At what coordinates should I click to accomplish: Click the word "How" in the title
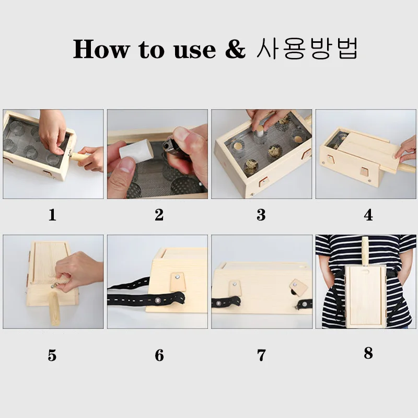pyautogui.click(x=100, y=49)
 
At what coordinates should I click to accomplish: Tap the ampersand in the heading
pyautogui.click(x=235, y=49)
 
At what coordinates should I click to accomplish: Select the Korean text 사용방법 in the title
pyautogui.click(x=307, y=49)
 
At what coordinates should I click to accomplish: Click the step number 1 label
pyautogui.click(x=53, y=215)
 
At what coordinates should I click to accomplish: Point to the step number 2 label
pyautogui.click(x=159, y=215)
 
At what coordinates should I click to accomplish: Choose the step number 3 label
pyautogui.click(x=261, y=215)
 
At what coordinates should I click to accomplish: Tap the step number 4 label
pyautogui.click(x=368, y=215)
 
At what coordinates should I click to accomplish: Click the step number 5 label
pyautogui.click(x=52, y=355)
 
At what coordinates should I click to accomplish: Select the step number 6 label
pyautogui.click(x=159, y=355)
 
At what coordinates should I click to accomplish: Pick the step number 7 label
pyautogui.click(x=262, y=355)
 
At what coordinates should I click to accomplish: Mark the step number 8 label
pyautogui.click(x=368, y=353)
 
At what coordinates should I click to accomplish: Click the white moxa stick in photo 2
pyautogui.click(x=136, y=150)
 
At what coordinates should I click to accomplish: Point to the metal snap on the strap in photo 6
pyautogui.click(x=157, y=301)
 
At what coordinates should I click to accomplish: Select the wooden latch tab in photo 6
pyautogui.click(x=177, y=282)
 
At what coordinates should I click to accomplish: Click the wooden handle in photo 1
pyautogui.click(x=79, y=158)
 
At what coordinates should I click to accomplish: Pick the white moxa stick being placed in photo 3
pyautogui.click(x=259, y=131)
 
